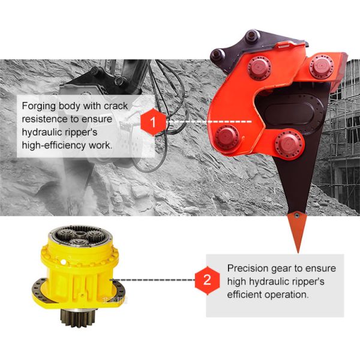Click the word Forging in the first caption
coord(39,106)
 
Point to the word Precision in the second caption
coord(248,268)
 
